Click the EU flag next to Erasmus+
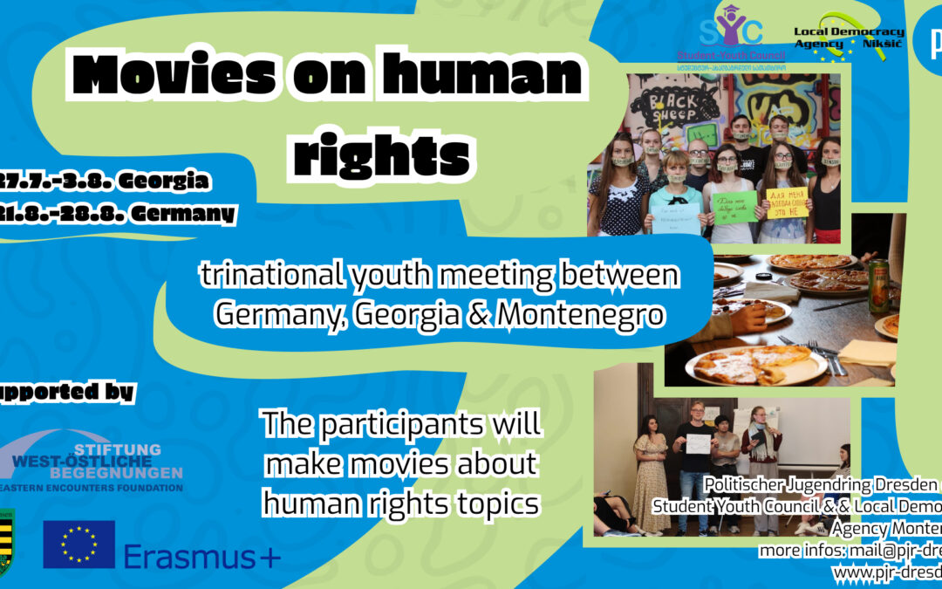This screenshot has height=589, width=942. click(x=78, y=544)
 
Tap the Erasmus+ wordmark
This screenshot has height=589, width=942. click(x=201, y=555)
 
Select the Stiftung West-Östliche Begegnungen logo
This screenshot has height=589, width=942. click(x=96, y=461)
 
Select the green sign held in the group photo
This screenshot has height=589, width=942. click(x=734, y=208)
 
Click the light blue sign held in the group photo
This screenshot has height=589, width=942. click(x=675, y=217)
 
